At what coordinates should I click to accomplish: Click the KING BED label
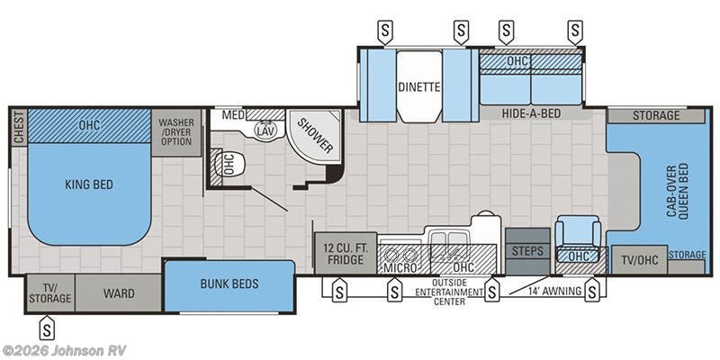tap(89, 185)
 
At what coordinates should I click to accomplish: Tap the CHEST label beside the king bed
tap(19, 128)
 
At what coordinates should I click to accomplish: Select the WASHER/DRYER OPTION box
tap(175, 132)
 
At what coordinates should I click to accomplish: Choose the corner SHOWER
tap(315, 134)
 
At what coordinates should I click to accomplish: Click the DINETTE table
tap(419, 85)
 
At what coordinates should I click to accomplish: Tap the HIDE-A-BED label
tap(531, 113)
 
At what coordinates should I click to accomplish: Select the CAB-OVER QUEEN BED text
tap(679, 191)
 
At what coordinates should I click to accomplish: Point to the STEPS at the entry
tap(527, 251)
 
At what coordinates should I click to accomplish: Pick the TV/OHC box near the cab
tap(639, 260)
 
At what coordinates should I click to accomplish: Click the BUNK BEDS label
tap(229, 283)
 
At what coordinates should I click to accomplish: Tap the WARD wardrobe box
tap(119, 293)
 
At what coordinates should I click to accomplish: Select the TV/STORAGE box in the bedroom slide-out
tap(50, 293)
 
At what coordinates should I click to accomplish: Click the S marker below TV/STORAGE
tap(47, 328)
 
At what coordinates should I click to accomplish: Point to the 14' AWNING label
tap(554, 291)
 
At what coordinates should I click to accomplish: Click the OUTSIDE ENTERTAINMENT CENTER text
tap(448, 292)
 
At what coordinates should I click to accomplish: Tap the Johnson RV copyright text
tap(64, 351)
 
